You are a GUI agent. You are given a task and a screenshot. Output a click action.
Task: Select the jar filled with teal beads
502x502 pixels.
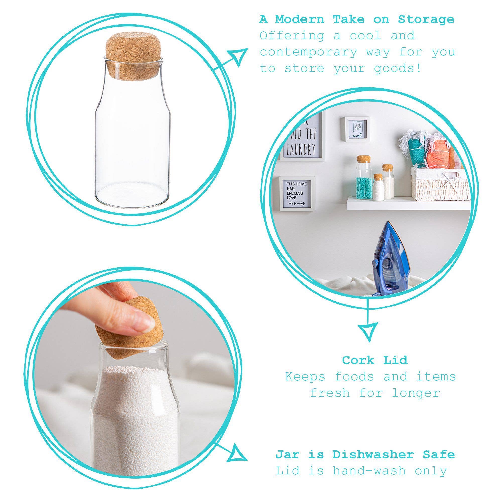pyautogui.click(x=364, y=179)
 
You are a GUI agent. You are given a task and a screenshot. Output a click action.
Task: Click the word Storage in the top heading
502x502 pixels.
pyautogui.click(x=426, y=20)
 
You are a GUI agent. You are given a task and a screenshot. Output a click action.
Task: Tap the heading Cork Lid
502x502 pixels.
pyautogui.click(x=375, y=360)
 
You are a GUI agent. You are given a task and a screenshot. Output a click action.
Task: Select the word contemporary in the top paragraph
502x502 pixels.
pyautogui.click(x=309, y=52)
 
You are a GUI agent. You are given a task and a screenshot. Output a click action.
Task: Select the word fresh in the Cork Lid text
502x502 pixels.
pyautogui.click(x=330, y=393)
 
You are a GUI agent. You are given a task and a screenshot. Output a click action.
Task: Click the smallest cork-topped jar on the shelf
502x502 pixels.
pyautogui.click(x=378, y=189)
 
